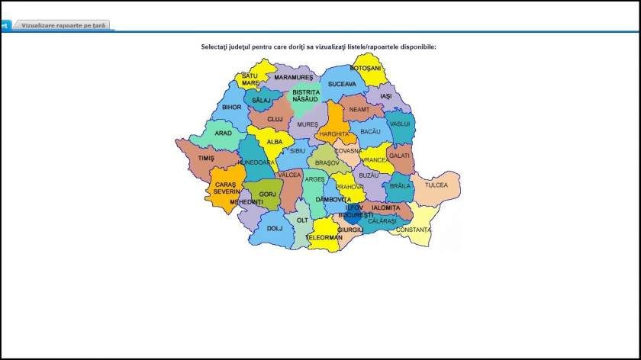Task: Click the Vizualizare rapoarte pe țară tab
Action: point(63,25)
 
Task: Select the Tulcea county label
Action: point(436,185)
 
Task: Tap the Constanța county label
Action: point(414,230)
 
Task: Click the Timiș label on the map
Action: point(206,158)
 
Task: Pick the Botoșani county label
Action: point(365,68)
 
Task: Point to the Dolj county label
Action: point(275,228)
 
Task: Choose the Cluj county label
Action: point(275,119)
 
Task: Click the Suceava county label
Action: point(342,83)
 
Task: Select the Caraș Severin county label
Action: point(227,188)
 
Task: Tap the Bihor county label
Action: point(231,108)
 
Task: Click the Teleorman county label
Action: point(324,237)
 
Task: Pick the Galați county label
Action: point(399,155)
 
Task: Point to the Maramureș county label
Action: point(294,78)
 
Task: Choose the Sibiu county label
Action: point(298,151)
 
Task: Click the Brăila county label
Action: point(400,185)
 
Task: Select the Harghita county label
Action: point(334,133)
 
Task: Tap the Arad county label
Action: point(223,133)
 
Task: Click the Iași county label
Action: point(385,96)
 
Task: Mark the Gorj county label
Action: point(267,194)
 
